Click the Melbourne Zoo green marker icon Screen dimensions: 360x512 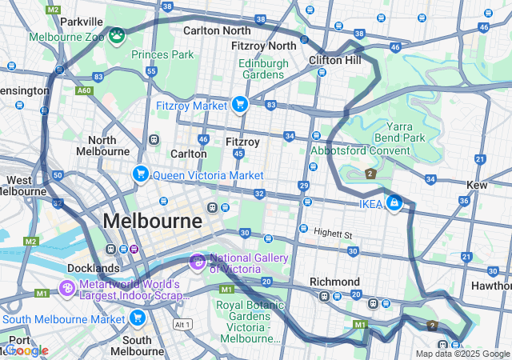(118, 35)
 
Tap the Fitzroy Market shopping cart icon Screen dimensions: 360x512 (238, 104)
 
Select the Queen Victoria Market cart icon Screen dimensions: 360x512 (141, 174)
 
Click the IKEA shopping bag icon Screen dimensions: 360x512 (393, 204)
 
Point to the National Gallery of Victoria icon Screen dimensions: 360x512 (198, 262)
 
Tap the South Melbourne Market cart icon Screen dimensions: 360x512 (137, 319)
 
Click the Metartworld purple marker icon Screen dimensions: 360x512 (68, 286)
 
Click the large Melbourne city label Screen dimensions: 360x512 (152, 221)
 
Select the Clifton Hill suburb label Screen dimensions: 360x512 (335, 60)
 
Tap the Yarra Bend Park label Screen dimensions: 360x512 (405, 132)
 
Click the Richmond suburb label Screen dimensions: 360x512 (334, 282)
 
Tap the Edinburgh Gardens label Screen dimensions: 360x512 (262, 69)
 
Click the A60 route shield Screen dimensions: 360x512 (83, 91)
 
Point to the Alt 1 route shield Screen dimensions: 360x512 (183, 325)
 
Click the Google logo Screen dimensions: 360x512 (26, 350)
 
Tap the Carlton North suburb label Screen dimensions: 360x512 (216, 30)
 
